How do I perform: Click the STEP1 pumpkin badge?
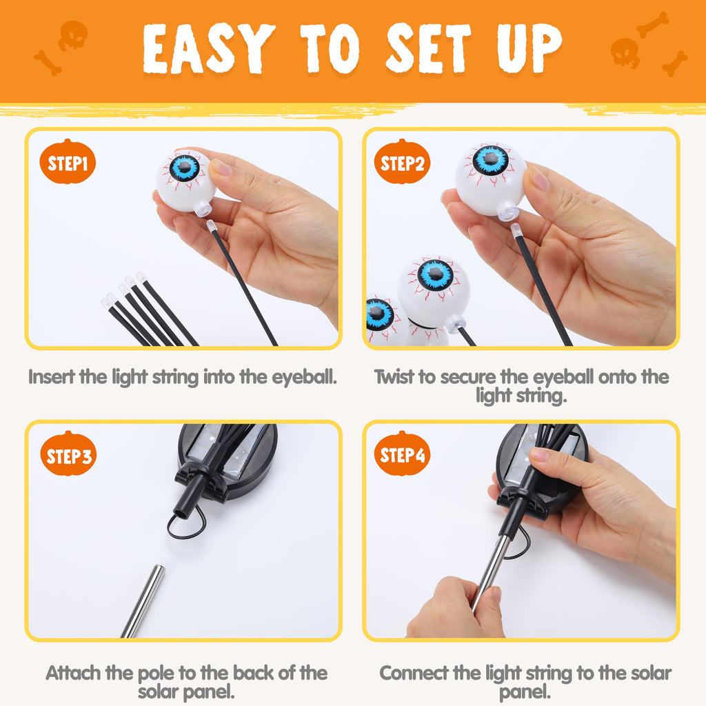[68, 161]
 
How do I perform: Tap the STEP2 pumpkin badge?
[402, 161]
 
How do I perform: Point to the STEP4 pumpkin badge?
[402, 454]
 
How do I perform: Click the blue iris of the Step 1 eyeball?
[185, 168]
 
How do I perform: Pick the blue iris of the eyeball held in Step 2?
[490, 160]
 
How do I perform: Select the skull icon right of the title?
[625, 52]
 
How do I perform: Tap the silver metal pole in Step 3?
[143, 601]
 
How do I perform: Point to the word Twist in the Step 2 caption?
[393, 376]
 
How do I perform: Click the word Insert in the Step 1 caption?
[52, 376]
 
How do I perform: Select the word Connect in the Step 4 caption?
[414, 673]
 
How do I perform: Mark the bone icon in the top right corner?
[652, 24]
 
